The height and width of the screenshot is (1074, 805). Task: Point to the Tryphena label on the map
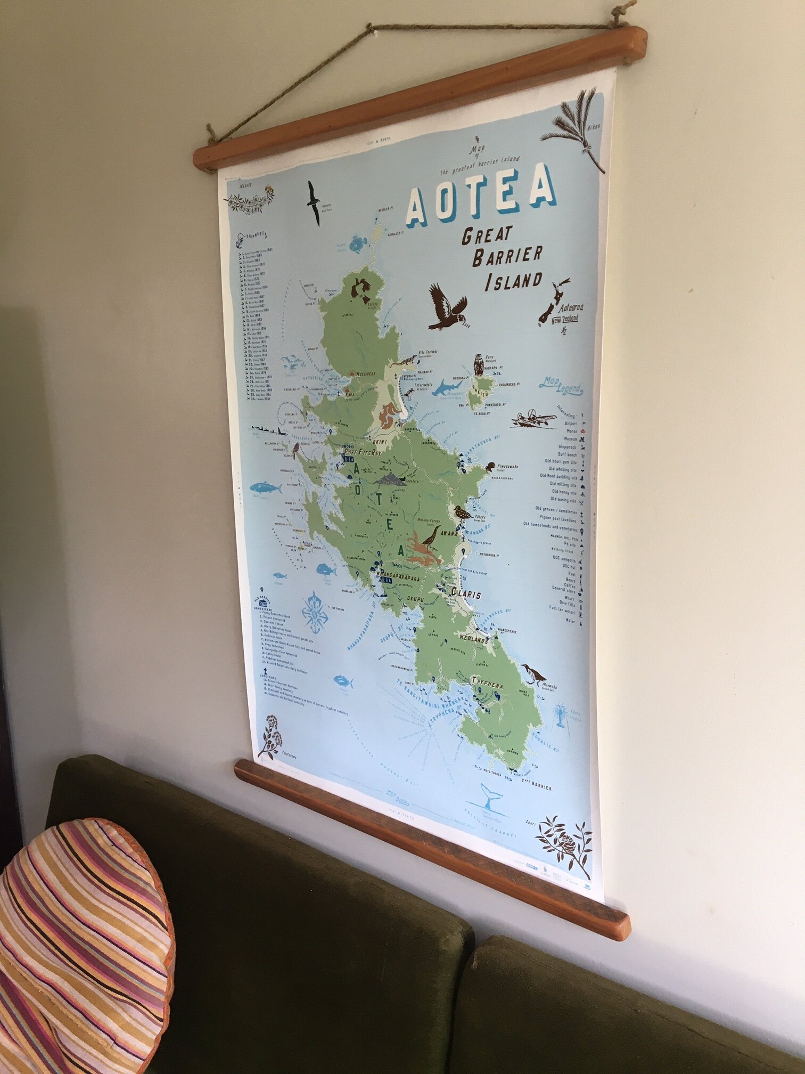(x=488, y=681)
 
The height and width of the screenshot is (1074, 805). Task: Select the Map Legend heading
(x=561, y=385)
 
